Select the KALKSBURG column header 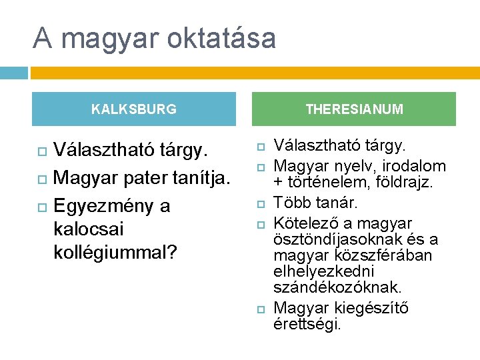(133, 109)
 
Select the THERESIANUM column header (354, 109)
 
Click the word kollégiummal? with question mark (115, 253)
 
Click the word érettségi (307, 325)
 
